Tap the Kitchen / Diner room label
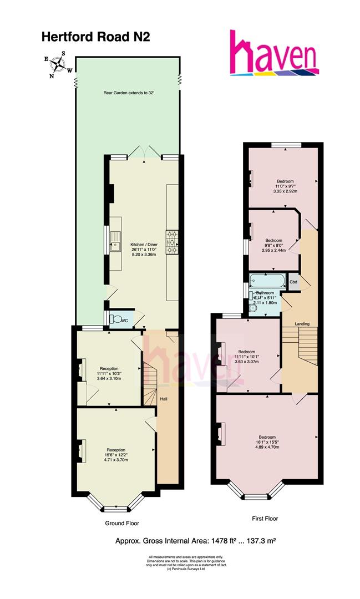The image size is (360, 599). pos(144,245)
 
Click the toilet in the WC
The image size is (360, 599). pos(116,319)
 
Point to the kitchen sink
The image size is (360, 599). pos(116,242)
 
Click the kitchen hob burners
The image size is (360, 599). pos(171,242)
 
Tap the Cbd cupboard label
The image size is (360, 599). pos(293,282)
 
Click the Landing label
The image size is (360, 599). pos(302,324)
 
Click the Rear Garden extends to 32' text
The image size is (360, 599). pos(129,93)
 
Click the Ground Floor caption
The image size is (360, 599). pos(122,523)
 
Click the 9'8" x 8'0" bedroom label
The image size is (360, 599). pos(272,245)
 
